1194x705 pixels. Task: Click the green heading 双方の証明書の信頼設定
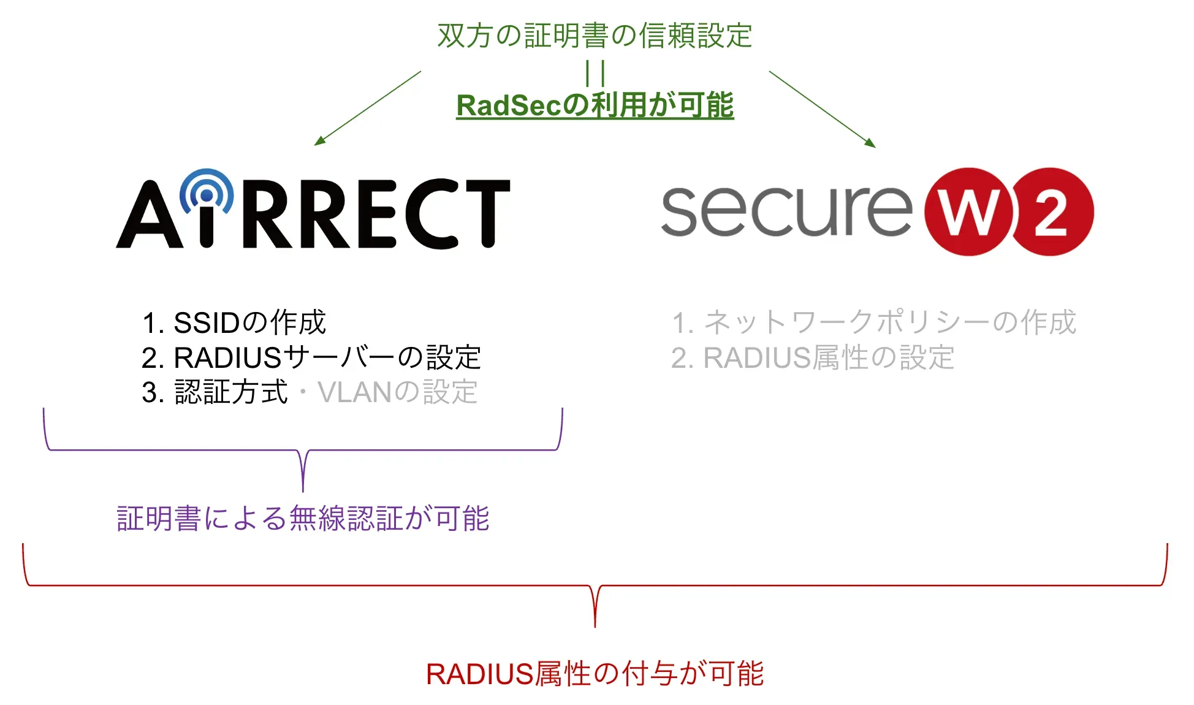coord(595,35)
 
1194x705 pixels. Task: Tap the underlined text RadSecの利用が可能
coord(595,105)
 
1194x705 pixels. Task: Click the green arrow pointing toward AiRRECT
coord(368,108)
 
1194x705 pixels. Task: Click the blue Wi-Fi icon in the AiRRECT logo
coord(207,192)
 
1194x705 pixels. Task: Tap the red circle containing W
coord(968,212)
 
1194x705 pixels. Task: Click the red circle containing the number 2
coord(1052,212)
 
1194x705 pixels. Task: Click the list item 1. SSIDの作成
coord(234,322)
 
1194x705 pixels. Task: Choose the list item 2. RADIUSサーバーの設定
coord(311,357)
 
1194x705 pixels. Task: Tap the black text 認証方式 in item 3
coord(231,392)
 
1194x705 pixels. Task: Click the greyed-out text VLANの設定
coord(397,392)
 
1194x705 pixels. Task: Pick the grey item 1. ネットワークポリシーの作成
coord(873,322)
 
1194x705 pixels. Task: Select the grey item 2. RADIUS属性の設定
coord(812,357)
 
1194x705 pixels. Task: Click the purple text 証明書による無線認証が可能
coord(303,519)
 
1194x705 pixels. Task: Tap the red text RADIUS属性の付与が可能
coord(595,674)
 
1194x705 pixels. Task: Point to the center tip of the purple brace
coord(303,489)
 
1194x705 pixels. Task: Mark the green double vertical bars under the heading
coord(595,74)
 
